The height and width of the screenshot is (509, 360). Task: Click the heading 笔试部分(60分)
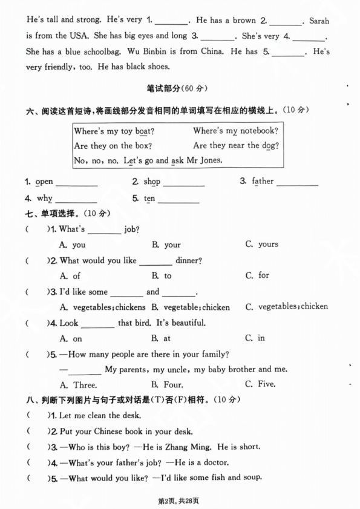click(180, 88)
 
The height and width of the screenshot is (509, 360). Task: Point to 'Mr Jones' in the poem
click(205, 160)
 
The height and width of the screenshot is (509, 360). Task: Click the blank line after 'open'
click(76, 183)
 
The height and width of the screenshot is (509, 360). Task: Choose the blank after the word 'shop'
click(183, 183)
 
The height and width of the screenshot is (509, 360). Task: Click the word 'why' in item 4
click(45, 199)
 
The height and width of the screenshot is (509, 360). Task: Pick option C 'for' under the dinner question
click(263, 275)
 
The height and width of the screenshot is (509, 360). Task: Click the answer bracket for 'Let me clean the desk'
click(37, 415)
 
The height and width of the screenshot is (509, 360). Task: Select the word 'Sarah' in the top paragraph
click(318, 21)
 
